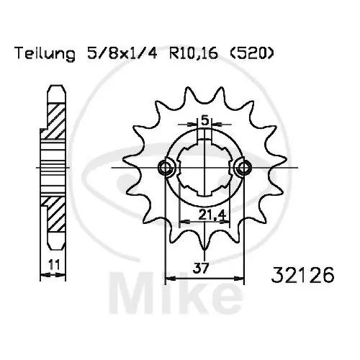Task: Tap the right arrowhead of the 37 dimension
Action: tap(240, 276)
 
